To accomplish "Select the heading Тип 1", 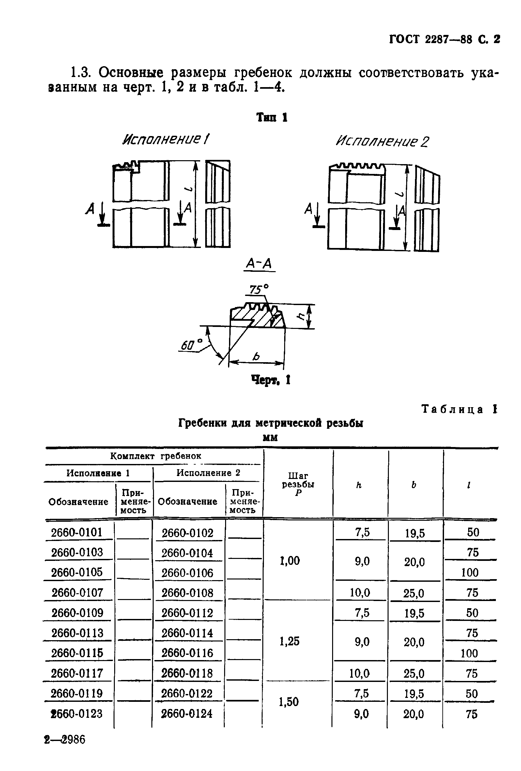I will click(x=272, y=117).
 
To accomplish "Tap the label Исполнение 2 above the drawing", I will click(x=382, y=142).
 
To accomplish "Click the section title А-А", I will click(x=259, y=264).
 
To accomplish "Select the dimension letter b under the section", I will click(x=256, y=357).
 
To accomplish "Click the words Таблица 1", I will click(x=459, y=409).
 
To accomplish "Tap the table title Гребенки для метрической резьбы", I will click(x=271, y=423).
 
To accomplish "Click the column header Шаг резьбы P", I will click(x=298, y=485).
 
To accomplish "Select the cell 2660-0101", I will click(x=77, y=532).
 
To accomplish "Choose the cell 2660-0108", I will click(x=187, y=593).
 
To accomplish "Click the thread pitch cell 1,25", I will click(x=289, y=641).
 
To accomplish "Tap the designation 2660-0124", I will click(x=187, y=714).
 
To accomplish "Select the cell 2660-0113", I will click(x=77, y=633).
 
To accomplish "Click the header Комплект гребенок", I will click(x=156, y=456).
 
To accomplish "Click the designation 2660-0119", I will click(x=77, y=693).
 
